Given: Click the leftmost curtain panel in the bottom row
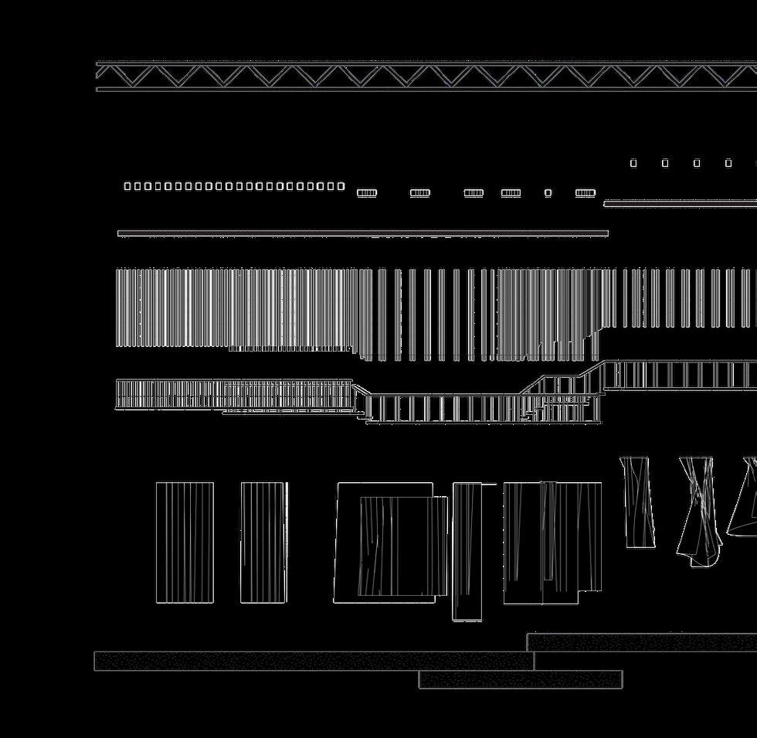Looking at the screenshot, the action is tap(185, 542).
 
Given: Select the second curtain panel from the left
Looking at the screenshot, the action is tap(263, 542).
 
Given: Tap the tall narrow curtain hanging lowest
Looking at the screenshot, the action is tap(467, 551).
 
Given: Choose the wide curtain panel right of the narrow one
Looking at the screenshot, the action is tap(552, 542).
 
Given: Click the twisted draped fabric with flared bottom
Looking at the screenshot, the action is tap(698, 510).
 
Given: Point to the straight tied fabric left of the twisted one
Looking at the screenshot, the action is tap(638, 502).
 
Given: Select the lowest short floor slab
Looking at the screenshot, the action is tap(521, 679).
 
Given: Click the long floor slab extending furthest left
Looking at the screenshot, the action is tap(314, 661).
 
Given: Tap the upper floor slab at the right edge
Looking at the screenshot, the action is tap(641, 642).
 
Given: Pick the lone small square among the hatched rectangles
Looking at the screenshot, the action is tap(548, 193).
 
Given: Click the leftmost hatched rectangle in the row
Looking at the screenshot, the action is tap(367, 193).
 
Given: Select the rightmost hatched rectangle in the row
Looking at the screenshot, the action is tap(586, 193).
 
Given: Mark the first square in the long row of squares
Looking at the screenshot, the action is tap(127, 186).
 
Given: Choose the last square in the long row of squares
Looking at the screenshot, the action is tap(341, 186).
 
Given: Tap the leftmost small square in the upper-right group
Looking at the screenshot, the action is tap(634, 163).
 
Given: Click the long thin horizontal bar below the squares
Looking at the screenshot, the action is tap(363, 233).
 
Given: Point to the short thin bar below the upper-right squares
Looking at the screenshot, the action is tap(680, 203).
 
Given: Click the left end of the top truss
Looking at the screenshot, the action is tap(100, 76).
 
